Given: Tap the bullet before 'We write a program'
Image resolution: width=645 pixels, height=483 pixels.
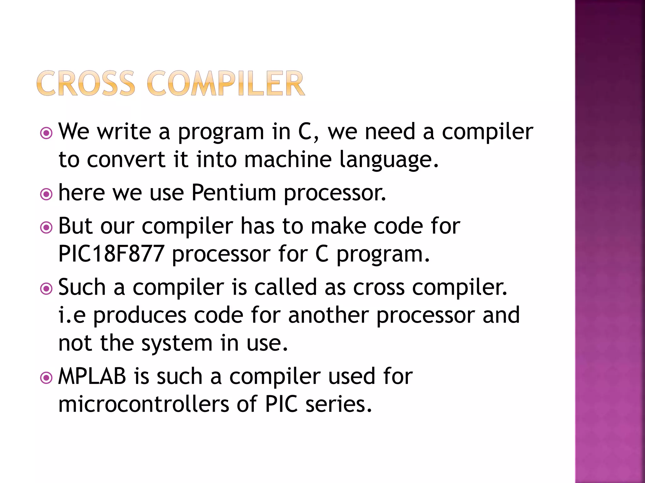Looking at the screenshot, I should coord(46,133).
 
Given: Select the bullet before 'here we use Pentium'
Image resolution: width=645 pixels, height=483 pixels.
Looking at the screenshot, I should coord(46,194).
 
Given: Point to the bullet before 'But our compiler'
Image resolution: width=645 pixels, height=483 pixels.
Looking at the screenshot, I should coord(46,227).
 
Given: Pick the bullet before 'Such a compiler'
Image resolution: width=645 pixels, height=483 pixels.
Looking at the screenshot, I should coord(46,288).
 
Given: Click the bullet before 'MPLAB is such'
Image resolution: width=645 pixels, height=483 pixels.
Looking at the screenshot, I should coord(46,377).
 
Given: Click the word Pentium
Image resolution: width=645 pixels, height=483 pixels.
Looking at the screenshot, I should coord(234,192).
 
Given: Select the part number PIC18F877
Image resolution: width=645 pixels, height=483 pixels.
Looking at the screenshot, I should coord(111,254).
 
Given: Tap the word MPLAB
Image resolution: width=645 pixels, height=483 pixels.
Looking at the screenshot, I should coord(92,376).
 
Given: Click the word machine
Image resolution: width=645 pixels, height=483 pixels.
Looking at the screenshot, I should coord(288,159).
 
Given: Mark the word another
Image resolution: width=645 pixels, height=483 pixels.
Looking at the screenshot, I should coord(328,315).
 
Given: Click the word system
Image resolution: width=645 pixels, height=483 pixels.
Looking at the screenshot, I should coord(177,343).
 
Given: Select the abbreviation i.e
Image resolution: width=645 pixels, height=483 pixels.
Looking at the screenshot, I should coord(72,315).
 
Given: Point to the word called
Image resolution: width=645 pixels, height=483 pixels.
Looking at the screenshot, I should coord(285,287).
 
